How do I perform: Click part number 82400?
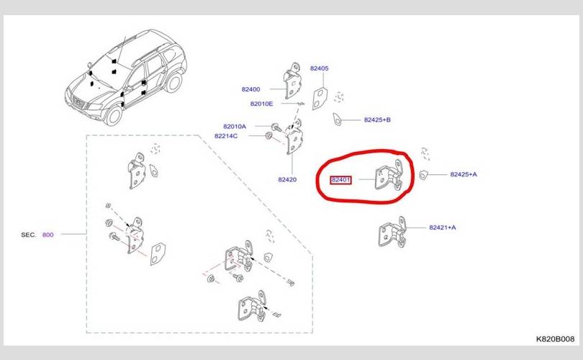[250, 89]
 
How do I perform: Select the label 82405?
[319, 68]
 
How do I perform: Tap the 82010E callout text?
[262, 104]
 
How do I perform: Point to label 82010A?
[234, 126]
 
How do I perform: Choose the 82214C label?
[225, 135]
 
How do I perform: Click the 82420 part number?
[287, 179]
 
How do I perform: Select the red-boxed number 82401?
[340, 180]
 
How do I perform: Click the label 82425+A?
[464, 174]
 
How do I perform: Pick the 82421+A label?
[442, 228]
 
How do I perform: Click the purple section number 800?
[48, 235]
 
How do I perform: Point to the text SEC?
[29, 235]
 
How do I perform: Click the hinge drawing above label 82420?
[294, 138]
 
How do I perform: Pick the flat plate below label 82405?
[320, 96]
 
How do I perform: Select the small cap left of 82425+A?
[425, 174]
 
